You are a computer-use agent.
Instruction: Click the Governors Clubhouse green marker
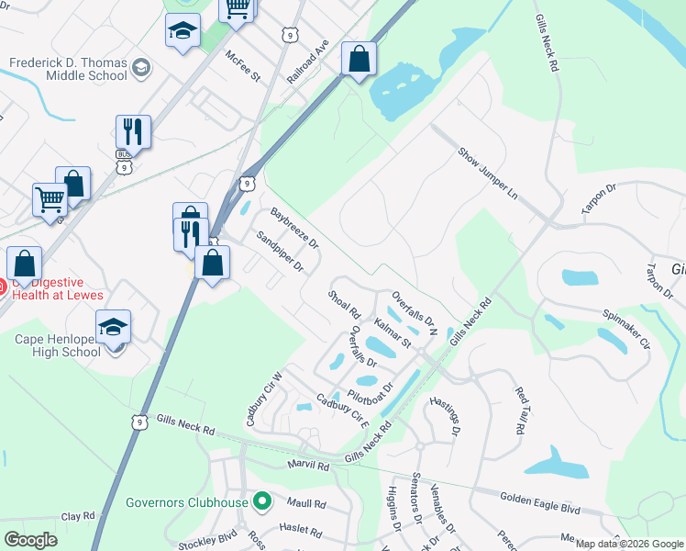coord(262,502)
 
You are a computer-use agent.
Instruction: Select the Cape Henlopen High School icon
coord(114,328)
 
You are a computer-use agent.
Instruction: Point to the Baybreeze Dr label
coord(294,227)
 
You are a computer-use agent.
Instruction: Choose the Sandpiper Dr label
coord(280,252)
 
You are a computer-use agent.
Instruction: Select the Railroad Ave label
coord(307,62)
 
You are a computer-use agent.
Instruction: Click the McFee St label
coord(243,65)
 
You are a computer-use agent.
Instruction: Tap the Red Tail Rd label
coord(520,410)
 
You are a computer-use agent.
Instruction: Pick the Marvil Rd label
coord(308,466)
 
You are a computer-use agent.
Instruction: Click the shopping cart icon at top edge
coord(238,8)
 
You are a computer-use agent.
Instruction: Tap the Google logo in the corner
coord(30,540)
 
